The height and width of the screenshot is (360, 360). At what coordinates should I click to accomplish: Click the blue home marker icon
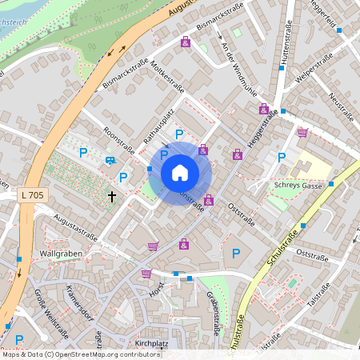(180, 173)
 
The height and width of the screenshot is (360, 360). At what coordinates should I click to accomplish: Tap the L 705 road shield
(33, 194)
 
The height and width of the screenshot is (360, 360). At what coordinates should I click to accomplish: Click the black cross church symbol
(112, 196)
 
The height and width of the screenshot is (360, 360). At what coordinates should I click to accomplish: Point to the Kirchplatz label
(151, 344)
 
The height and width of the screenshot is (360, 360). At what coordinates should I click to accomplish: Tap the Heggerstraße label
(262, 128)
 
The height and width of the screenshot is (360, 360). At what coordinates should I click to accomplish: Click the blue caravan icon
(109, 160)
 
